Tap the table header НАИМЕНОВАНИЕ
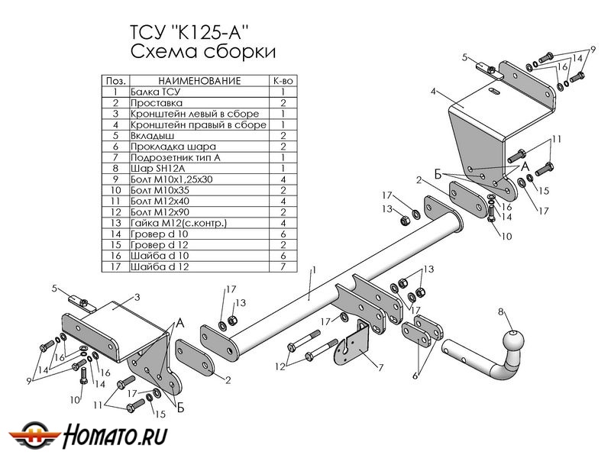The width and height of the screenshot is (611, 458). [199, 80]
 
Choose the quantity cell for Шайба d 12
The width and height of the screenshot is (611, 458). [283, 267]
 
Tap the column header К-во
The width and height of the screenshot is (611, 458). [283, 80]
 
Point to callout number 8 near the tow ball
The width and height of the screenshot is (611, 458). [501, 311]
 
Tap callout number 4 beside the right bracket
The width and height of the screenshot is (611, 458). [432, 92]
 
